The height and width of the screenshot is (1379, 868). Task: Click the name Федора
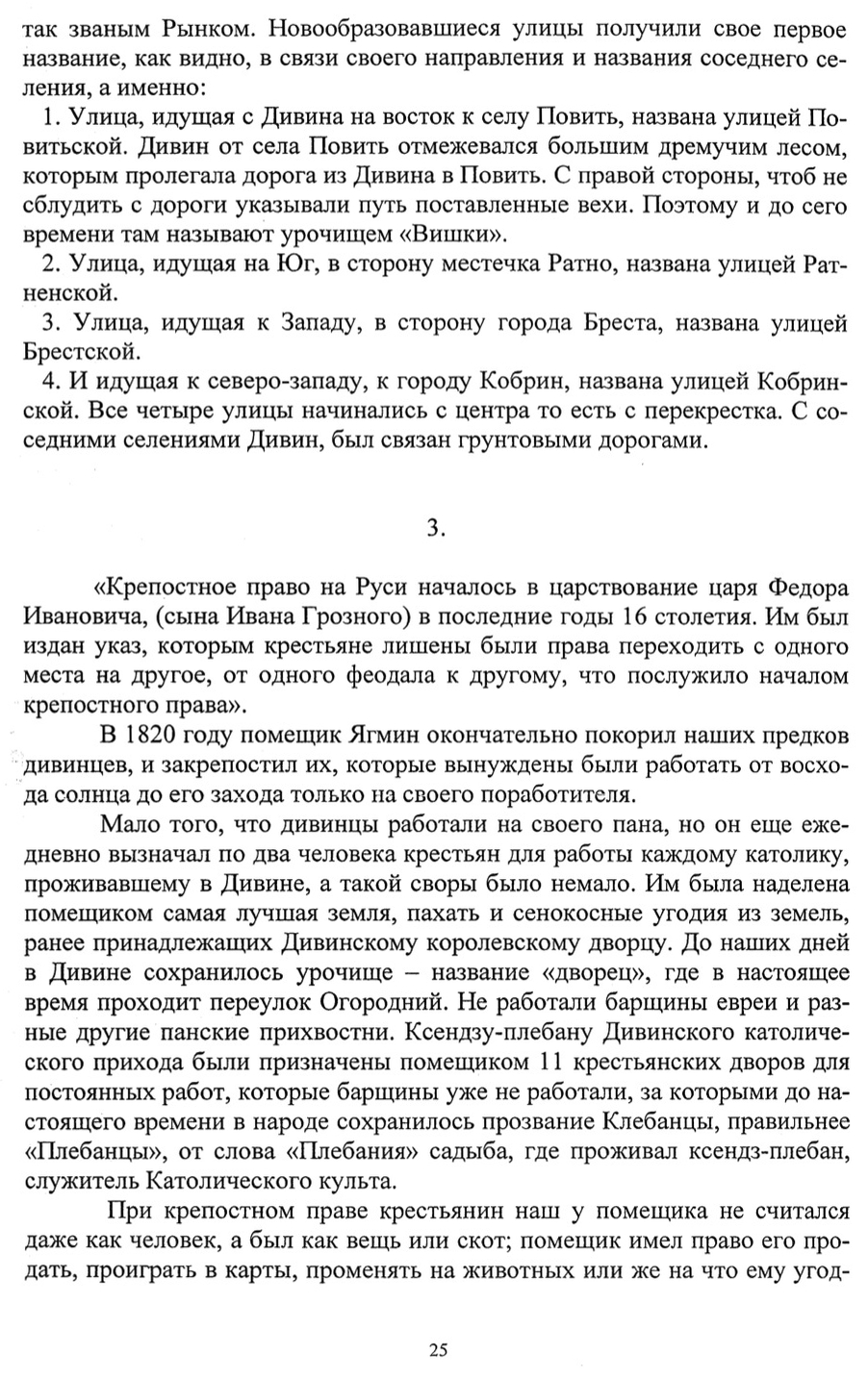pyautogui.click(x=808, y=587)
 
